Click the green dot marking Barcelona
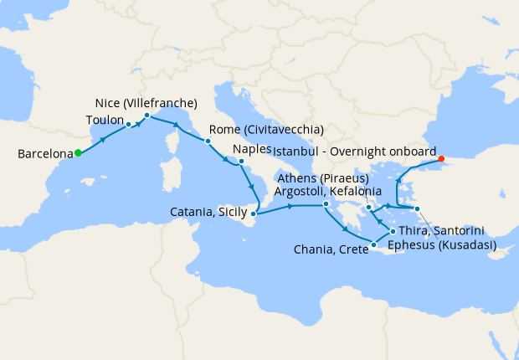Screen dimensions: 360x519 tap(78, 152)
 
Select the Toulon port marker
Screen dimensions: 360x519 tap(128, 124)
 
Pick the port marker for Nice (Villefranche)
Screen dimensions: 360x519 tap(146, 116)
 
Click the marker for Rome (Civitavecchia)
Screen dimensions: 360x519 tap(207, 141)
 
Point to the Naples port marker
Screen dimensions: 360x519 tap(241, 161)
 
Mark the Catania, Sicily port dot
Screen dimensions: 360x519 tap(254, 214)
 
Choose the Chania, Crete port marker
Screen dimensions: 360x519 tap(373, 244)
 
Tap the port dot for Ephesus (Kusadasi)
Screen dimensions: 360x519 tap(417, 208)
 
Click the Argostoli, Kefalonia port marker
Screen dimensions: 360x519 tap(326, 204)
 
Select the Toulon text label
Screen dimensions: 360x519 tap(105, 121)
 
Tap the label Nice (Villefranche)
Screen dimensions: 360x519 tap(146, 104)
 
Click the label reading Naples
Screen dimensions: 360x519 tap(252, 149)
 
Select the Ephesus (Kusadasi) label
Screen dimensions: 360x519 tap(442, 245)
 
